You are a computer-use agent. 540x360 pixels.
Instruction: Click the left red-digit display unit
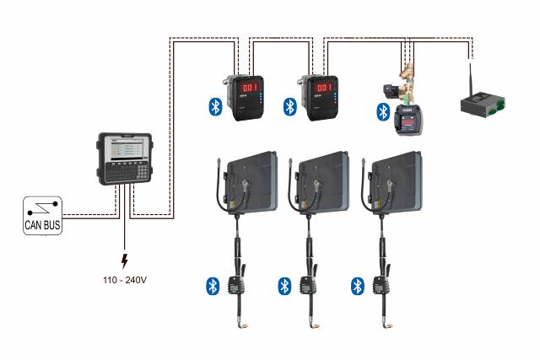point(250,98)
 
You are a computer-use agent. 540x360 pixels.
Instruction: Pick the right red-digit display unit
point(323,98)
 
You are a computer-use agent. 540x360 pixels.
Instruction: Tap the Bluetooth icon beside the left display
point(216,106)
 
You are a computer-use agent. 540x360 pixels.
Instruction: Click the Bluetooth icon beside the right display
point(290,106)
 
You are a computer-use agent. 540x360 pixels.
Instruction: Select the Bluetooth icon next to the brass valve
point(382,112)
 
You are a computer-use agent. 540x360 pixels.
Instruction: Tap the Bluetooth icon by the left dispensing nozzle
point(213,285)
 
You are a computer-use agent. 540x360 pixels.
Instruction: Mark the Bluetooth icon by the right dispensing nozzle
point(357,285)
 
